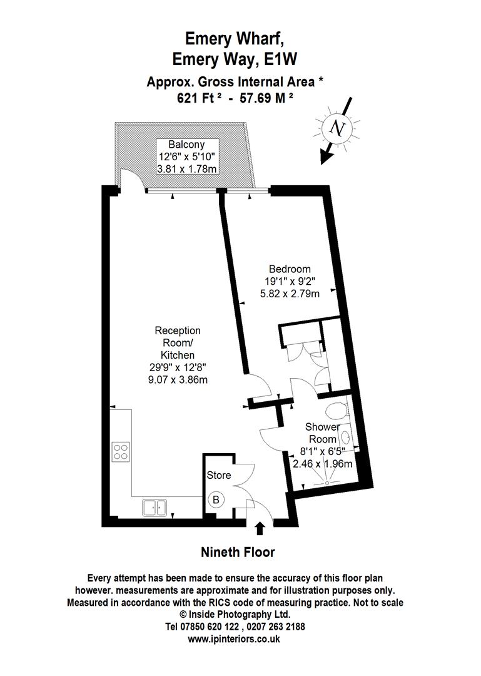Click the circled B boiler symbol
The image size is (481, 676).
click(x=216, y=500)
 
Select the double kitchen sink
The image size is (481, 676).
click(x=153, y=507)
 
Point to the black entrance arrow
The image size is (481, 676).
click(x=260, y=530)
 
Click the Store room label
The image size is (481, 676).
click(x=219, y=475)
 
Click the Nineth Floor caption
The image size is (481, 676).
click(x=238, y=552)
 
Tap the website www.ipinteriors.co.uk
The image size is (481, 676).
click(x=234, y=640)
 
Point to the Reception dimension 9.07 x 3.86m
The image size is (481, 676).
click(x=178, y=379)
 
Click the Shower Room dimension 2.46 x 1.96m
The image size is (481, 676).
click(x=323, y=464)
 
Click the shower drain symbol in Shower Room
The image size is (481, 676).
click(x=326, y=483)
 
